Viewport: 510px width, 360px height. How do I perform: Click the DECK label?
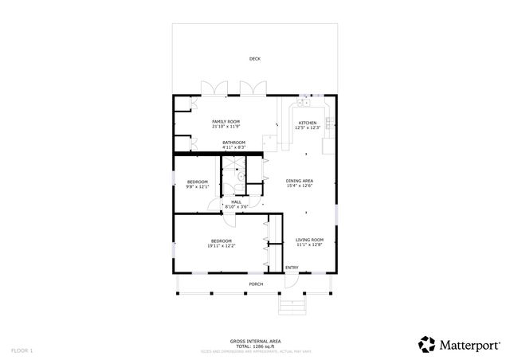coord(254,59)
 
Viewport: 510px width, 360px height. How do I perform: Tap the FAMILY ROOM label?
coord(226,122)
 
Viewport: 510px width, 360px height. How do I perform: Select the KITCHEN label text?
coord(307,122)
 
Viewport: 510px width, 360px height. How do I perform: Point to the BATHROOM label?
coord(233,143)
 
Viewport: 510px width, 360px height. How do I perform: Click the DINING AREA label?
coord(299,181)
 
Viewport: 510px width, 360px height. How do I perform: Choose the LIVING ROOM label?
coord(309,240)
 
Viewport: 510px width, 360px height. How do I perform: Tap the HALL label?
coord(236,202)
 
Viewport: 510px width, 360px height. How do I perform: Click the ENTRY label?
coord(292,268)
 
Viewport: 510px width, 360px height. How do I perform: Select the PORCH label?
coord(256,284)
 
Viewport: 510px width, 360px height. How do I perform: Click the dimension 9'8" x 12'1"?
coord(197,187)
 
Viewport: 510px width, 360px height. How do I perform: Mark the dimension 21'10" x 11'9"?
coord(226,127)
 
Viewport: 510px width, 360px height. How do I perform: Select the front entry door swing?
coord(292,280)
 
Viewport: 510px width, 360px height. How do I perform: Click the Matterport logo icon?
coord(427,344)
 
